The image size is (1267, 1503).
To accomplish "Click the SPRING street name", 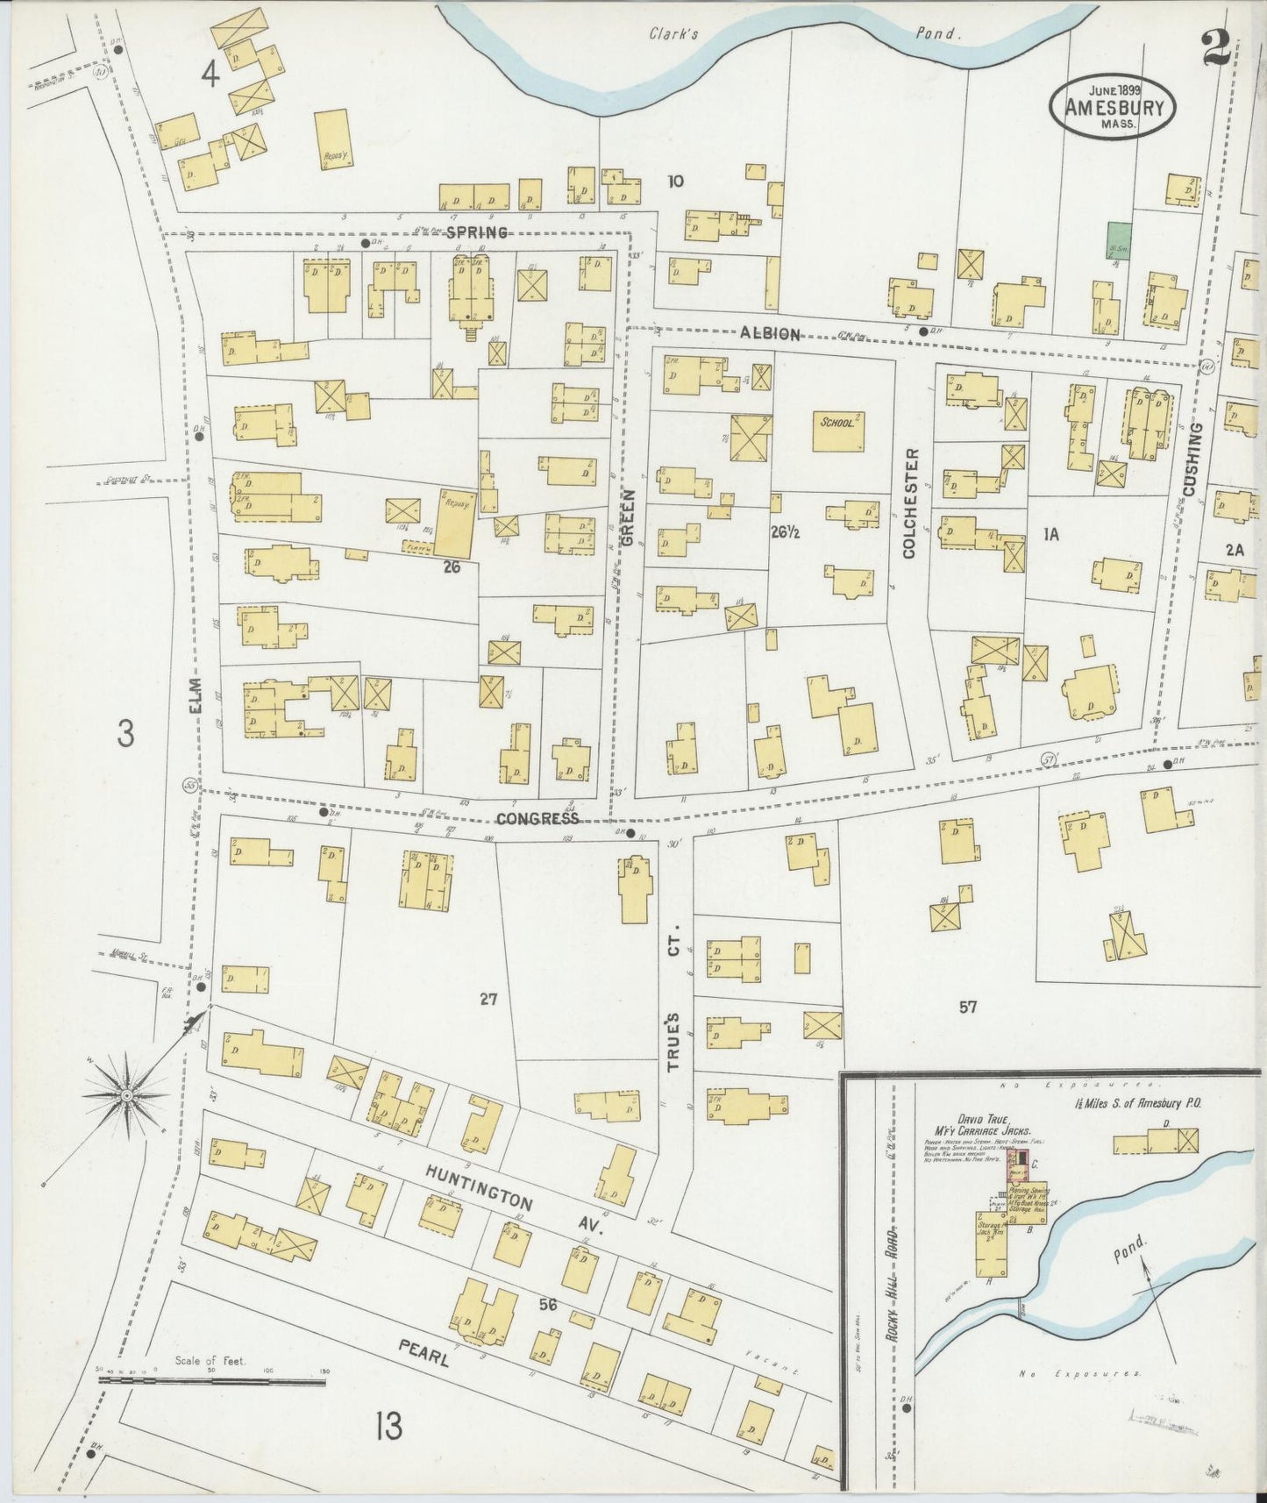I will click(476, 232).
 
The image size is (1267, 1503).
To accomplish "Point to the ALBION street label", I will click(771, 334).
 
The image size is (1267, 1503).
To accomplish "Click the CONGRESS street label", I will click(537, 818).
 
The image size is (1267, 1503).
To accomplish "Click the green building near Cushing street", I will click(1118, 238).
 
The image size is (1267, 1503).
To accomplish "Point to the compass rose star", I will click(127, 1096).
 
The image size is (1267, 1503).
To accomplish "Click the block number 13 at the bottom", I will click(388, 1426).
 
